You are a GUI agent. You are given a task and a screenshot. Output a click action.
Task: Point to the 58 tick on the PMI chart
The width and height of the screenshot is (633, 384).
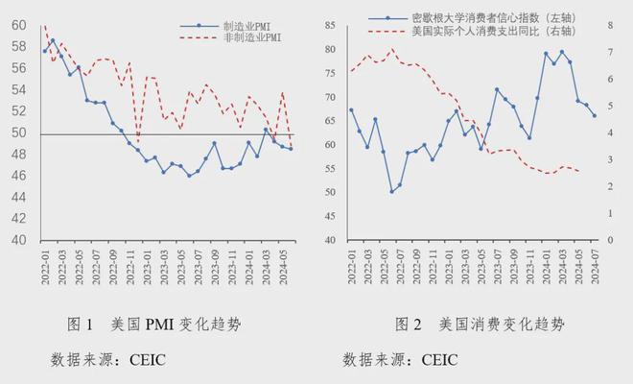(19, 47)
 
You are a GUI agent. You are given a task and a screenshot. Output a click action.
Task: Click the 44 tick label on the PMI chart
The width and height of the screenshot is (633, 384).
(19, 198)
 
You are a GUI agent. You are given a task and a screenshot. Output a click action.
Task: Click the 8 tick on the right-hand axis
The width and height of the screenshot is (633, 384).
(611, 26)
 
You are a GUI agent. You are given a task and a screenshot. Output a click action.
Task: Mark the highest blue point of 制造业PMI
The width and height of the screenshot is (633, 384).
(53, 41)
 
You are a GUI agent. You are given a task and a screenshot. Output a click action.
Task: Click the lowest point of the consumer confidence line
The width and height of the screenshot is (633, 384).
(391, 192)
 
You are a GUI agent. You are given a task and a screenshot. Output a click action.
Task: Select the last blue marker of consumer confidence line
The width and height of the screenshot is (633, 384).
(594, 116)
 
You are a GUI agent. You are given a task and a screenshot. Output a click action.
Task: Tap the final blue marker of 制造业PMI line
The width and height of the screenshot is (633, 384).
(291, 149)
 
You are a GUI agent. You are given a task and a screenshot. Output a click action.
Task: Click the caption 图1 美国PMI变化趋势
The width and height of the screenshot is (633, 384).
(153, 324)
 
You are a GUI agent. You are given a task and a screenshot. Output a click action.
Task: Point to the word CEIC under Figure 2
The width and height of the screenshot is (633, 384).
(435, 360)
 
